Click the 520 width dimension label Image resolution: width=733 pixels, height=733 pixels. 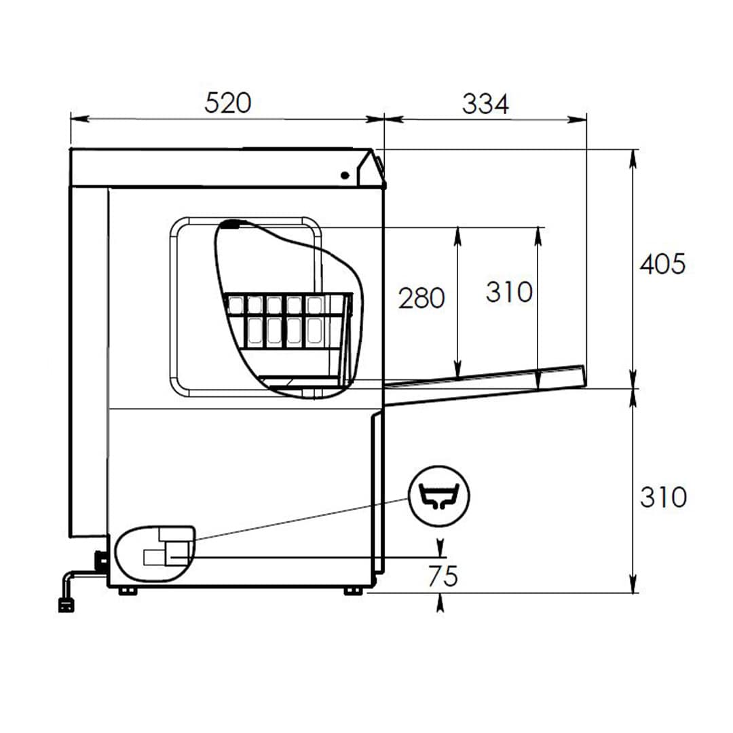point(227,103)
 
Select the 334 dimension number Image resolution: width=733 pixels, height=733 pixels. point(485,104)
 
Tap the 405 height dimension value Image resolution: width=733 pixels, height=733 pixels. point(662,264)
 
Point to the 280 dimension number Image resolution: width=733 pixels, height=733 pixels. point(421,298)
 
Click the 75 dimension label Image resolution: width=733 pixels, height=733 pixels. point(443,576)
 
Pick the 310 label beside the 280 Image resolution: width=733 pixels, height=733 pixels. point(509,292)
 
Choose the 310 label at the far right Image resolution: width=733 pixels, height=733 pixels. point(663,497)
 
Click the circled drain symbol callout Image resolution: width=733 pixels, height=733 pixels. point(439,496)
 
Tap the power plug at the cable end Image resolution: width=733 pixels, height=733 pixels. point(66,605)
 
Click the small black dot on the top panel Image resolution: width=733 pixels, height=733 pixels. point(345,176)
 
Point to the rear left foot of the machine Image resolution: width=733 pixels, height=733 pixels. point(128,591)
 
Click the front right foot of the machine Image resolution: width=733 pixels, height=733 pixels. point(354,591)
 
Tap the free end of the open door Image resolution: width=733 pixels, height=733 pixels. point(584,376)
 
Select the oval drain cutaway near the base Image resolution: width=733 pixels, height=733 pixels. point(155,554)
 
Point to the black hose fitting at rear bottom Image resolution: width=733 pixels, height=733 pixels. point(100,561)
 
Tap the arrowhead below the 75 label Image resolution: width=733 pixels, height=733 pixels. point(440,603)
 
